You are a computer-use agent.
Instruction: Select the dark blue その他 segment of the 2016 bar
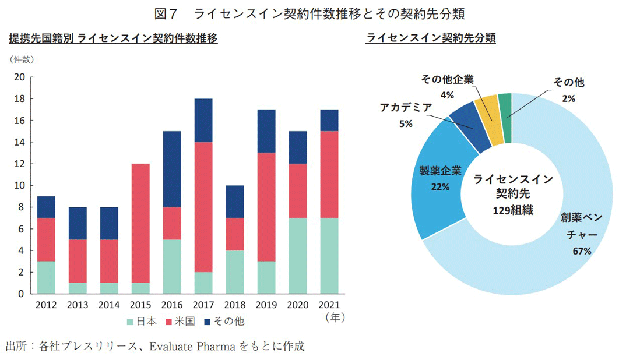172,170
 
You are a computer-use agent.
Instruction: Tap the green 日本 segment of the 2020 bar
298,256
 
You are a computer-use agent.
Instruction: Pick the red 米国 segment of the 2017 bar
203,207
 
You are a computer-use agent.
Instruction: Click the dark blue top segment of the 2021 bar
329,121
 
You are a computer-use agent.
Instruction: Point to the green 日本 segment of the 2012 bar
46,277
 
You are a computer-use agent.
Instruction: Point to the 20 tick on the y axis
19,77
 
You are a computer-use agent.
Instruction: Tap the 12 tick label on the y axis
19,164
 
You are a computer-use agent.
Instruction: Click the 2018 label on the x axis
235,305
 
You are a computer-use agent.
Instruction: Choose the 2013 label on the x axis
78,305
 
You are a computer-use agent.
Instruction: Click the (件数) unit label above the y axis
22,59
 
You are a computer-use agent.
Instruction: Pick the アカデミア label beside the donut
406,108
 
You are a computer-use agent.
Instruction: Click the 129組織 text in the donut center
512,210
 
